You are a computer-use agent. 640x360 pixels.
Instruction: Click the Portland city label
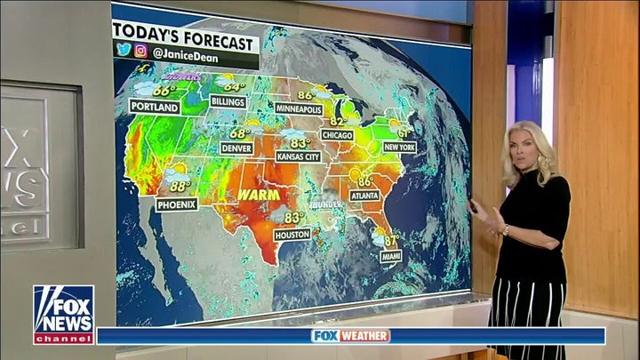(x=154, y=107)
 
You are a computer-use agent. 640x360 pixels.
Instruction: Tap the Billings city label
(x=228, y=101)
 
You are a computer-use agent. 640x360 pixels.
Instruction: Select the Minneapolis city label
(x=298, y=108)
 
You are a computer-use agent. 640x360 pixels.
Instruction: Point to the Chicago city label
(x=337, y=135)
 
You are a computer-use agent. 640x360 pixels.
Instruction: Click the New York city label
(x=399, y=147)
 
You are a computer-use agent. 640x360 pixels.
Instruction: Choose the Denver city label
(x=236, y=148)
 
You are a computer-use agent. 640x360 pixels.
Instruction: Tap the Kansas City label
(x=298, y=156)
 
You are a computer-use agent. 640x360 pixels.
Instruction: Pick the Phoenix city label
(x=177, y=204)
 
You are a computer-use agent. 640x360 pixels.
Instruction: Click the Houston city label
(x=292, y=236)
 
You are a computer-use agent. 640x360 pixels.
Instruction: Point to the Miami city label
(x=390, y=256)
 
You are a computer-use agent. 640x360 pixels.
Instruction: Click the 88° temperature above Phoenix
(x=180, y=187)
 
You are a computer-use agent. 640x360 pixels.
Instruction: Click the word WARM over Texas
(x=258, y=194)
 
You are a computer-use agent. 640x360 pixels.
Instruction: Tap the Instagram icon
(x=140, y=51)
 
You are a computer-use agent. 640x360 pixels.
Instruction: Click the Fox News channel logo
(x=63, y=315)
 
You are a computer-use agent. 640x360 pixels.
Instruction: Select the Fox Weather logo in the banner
(x=350, y=336)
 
